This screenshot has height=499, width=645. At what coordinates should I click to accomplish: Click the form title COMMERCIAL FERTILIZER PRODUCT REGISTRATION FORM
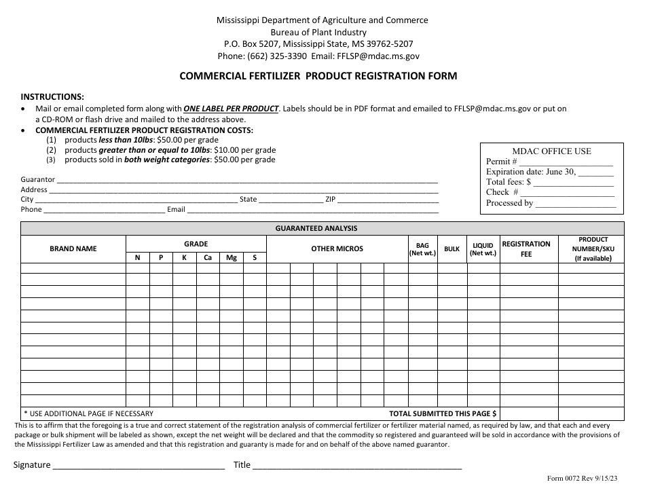(x=318, y=76)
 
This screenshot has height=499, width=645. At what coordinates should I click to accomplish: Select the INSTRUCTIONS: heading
(x=52, y=97)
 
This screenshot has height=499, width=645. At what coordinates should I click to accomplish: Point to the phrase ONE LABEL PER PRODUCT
(x=232, y=108)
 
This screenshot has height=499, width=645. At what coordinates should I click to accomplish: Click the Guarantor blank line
(x=247, y=181)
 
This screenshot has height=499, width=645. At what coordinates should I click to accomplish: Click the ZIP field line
(x=388, y=200)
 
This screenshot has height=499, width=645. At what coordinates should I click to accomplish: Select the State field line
(x=291, y=200)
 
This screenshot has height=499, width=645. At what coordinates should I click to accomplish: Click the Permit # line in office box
(x=566, y=163)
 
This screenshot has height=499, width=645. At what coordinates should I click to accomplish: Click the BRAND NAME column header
(x=73, y=248)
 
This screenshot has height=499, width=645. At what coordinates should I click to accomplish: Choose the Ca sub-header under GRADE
(x=208, y=258)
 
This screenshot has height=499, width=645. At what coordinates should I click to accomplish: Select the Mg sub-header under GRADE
(x=232, y=258)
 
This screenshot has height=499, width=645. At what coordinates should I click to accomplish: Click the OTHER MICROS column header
(x=337, y=248)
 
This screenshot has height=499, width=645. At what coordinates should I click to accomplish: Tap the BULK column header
(x=451, y=249)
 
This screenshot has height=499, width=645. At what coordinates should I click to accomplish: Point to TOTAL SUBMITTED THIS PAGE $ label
(x=443, y=413)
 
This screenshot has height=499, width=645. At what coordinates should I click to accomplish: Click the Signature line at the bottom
(x=139, y=466)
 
